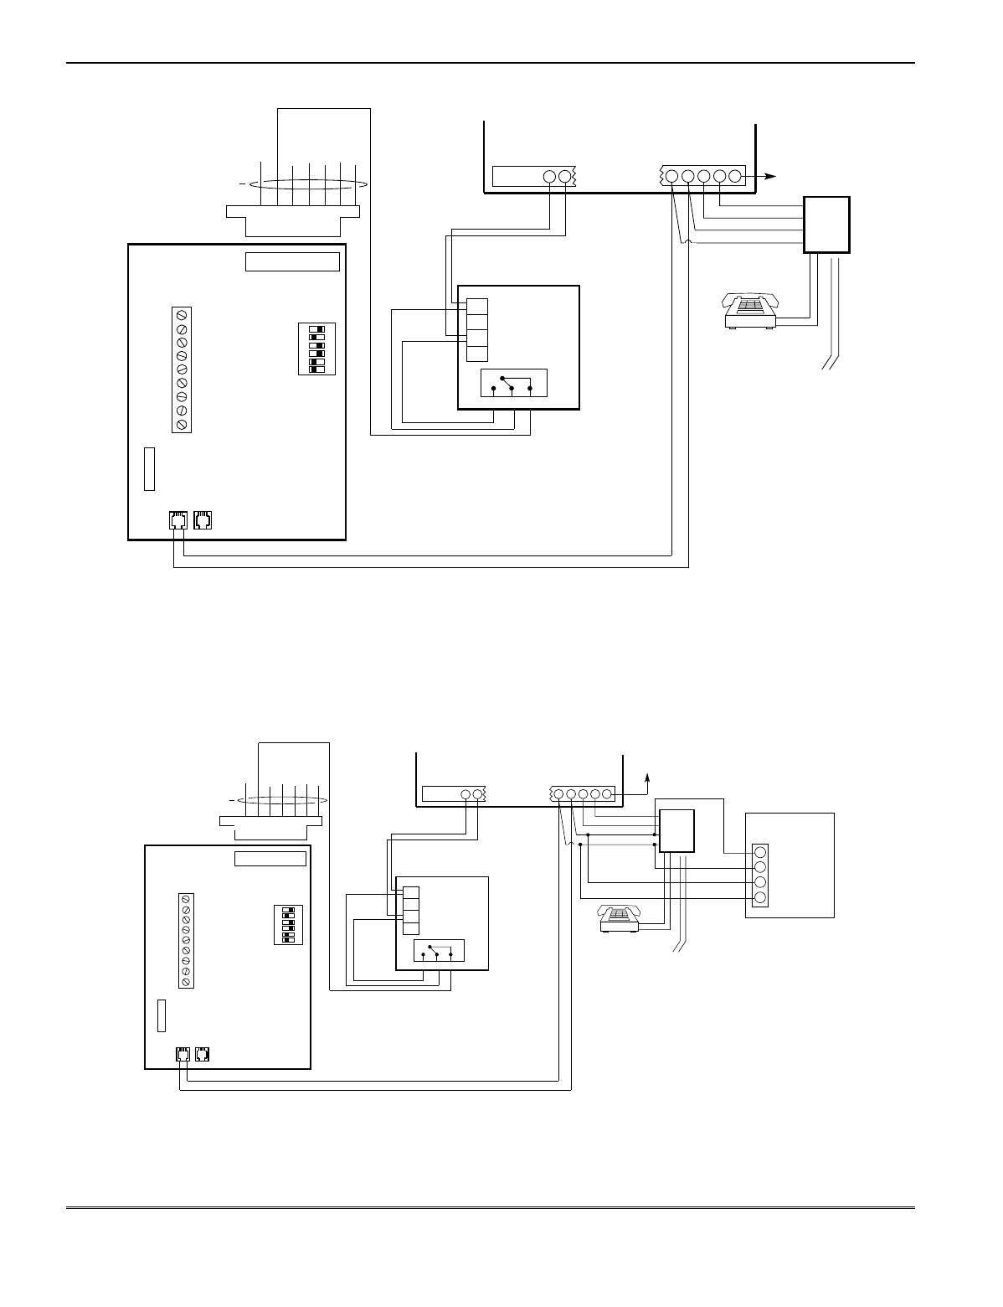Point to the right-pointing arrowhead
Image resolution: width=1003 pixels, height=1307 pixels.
tap(771, 177)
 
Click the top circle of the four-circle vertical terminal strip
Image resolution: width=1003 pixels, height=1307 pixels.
tap(760, 852)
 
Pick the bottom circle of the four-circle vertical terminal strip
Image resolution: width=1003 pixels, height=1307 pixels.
tap(760, 898)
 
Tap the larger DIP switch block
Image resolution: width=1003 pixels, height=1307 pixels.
tap(316, 348)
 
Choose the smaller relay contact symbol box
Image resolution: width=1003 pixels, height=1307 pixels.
tap(440, 952)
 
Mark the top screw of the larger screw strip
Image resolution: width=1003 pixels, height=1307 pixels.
tap(182, 315)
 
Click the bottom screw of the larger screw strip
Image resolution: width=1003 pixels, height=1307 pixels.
tap(182, 424)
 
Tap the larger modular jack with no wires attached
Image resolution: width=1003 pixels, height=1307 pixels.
tap(203, 520)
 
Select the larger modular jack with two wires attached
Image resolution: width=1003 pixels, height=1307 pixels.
tap(177, 520)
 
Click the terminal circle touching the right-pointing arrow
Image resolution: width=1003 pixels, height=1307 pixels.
tap(735, 177)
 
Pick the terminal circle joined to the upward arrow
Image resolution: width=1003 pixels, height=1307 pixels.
tap(610, 793)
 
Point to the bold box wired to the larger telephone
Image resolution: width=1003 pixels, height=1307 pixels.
tap(826, 224)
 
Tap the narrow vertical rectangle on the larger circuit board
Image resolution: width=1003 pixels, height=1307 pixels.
tap(150, 468)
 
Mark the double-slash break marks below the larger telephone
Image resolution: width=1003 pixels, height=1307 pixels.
tap(830, 362)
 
